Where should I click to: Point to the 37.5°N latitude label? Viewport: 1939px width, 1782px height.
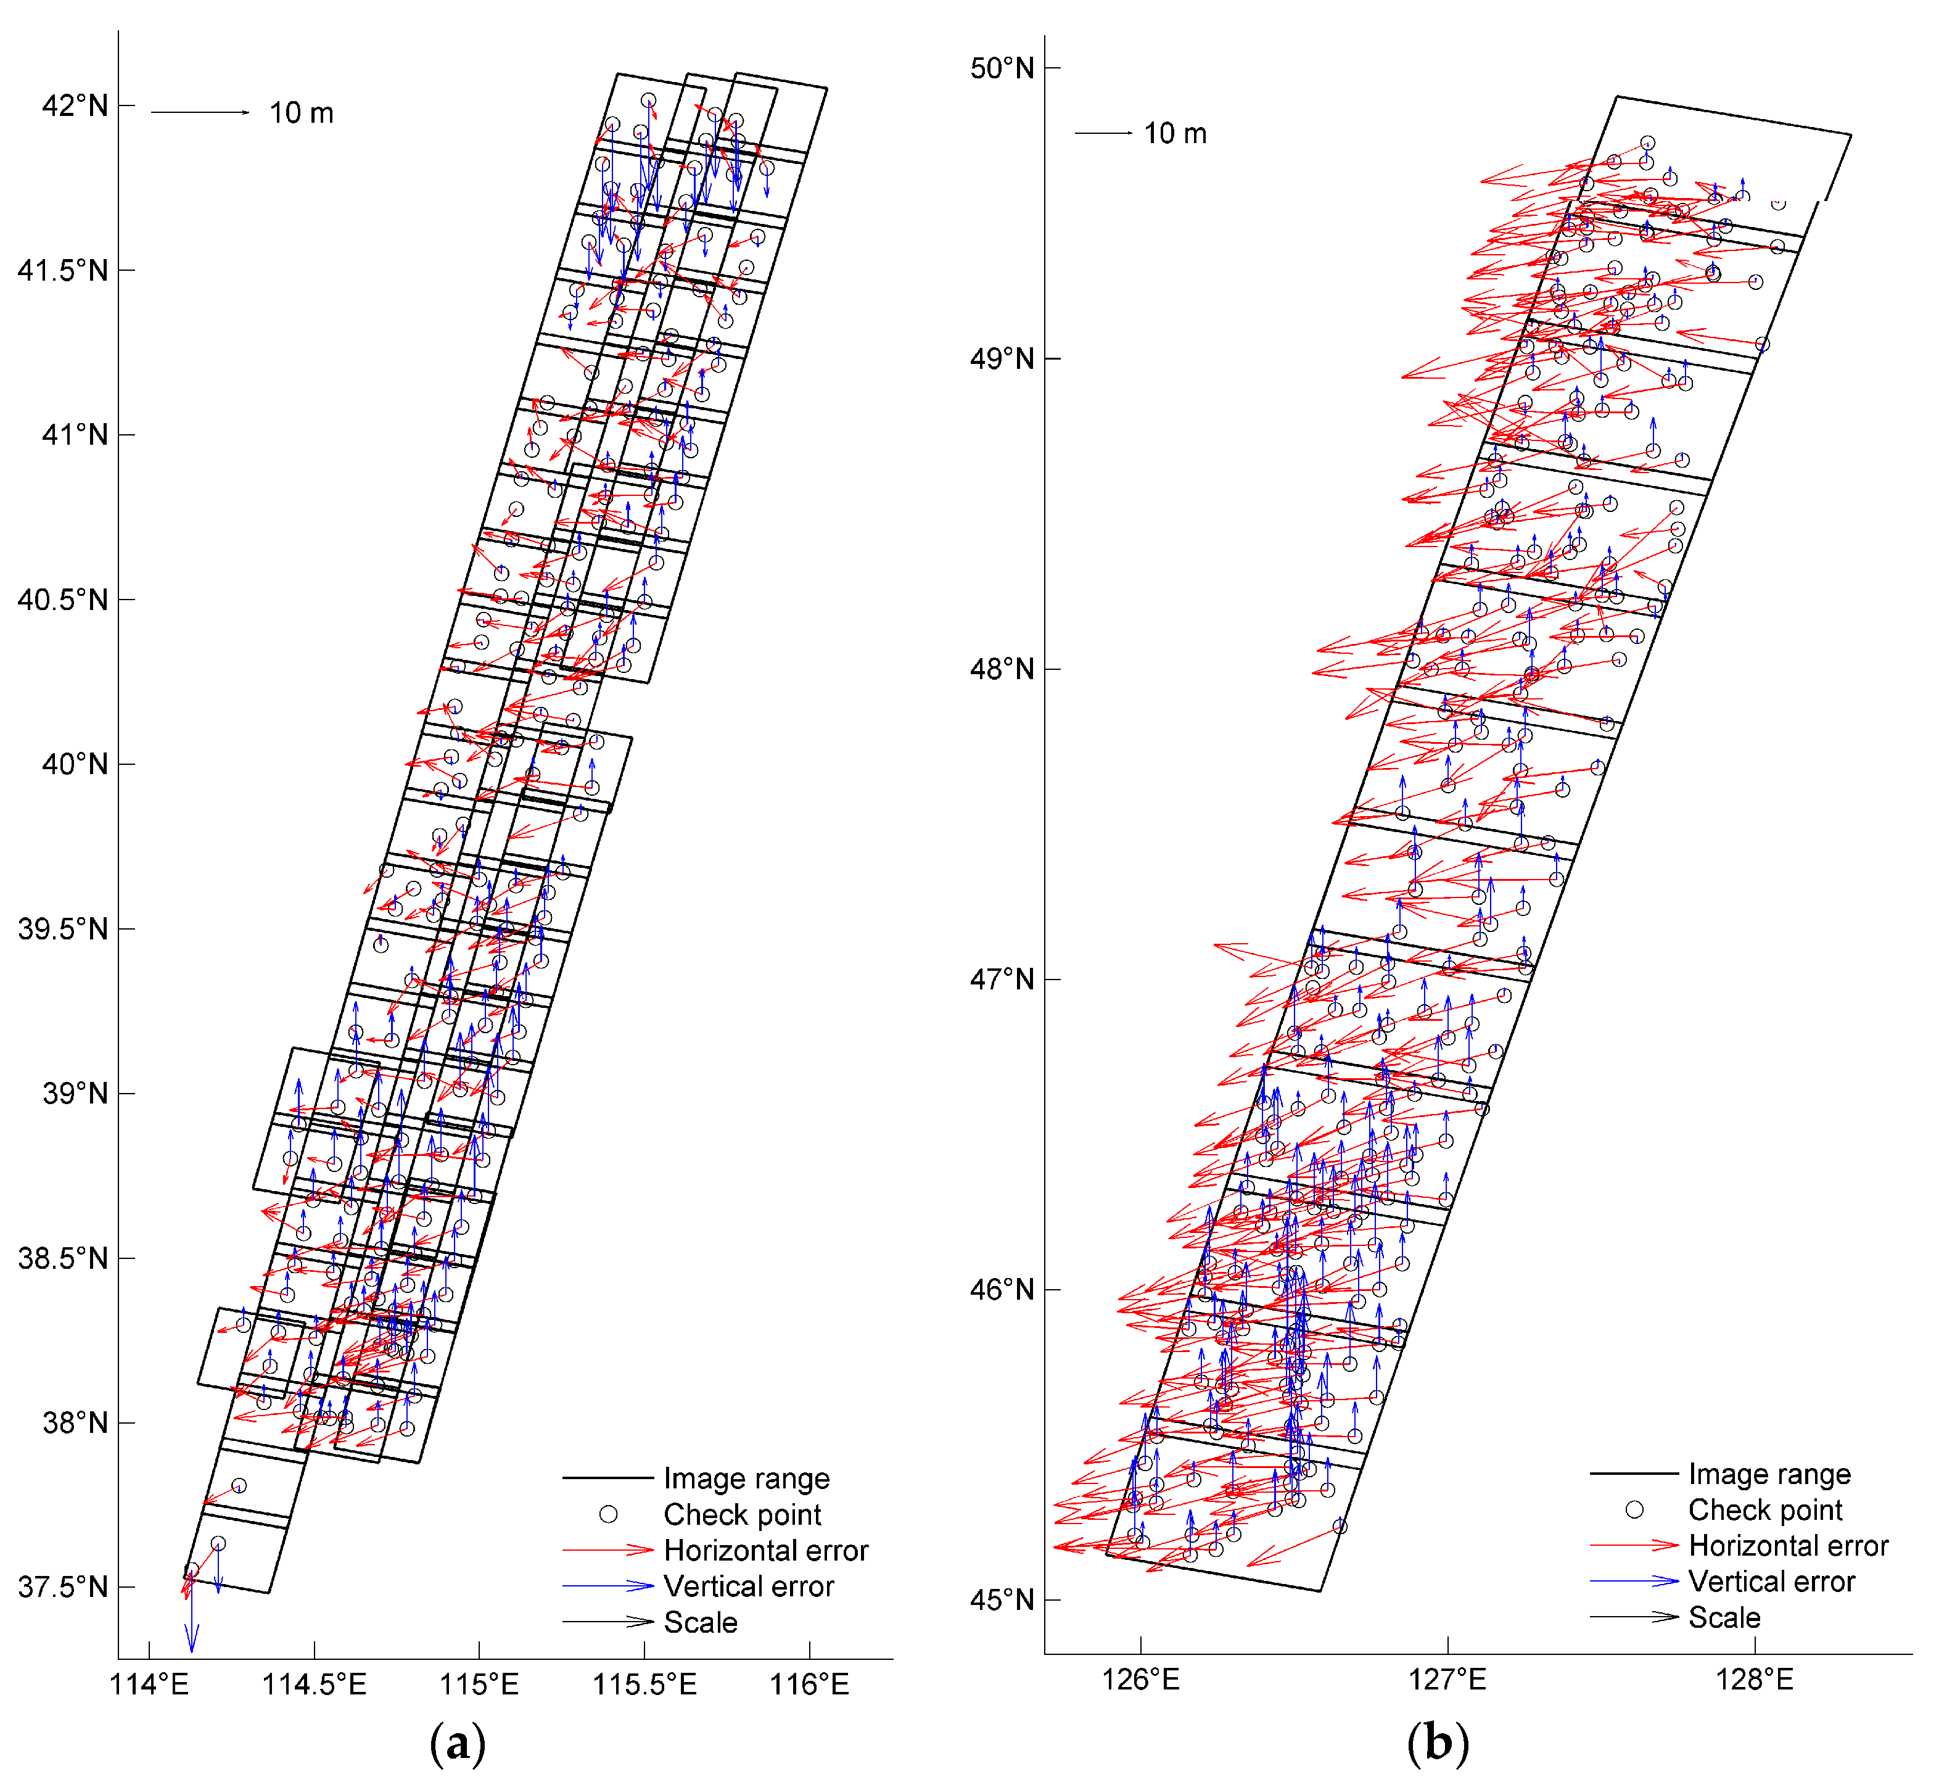click(x=63, y=1587)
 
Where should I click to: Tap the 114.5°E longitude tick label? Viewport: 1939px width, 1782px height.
click(x=315, y=1685)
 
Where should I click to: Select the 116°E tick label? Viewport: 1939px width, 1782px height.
click(x=809, y=1685)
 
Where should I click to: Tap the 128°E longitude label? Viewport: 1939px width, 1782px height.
click(x=1754, y=1680)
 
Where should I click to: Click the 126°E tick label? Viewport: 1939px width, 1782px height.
click(x=1141, y=1680)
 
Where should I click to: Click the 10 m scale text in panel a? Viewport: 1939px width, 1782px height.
click(x=302, y=113)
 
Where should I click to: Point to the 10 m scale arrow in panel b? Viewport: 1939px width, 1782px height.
click(x=1104, y=133)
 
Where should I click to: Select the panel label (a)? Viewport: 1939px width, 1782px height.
click(x=457, y=1743)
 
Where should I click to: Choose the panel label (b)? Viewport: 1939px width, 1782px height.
click(x=1438, y=1743)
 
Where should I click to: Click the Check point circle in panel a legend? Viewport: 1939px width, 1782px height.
click(x=609, y=1514)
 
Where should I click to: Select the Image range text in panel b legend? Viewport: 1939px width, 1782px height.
click(x=1769, y=1474)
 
